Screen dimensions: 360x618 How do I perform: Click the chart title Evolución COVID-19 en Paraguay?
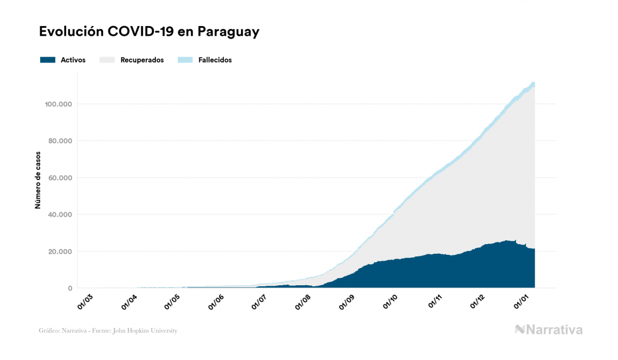coord(149,32)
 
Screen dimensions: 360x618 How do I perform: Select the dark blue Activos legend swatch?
coord(48,60)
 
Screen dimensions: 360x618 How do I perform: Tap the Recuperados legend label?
coord(142,60)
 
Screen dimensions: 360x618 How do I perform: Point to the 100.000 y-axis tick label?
coord(59,104)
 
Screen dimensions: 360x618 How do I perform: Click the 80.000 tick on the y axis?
coord(61,141)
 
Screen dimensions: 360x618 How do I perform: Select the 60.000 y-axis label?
coord(61,178)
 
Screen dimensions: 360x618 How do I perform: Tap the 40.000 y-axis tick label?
coord(61,215)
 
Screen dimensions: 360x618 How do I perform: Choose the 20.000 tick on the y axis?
coord(61,252)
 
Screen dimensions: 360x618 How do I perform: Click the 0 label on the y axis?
coord(69,288)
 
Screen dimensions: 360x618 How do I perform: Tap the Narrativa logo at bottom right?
coord(549,330)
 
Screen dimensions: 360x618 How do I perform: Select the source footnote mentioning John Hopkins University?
coord(108,331)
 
